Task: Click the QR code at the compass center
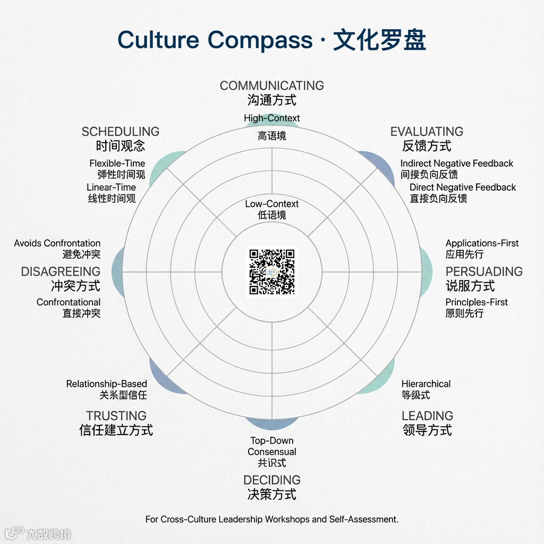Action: (272, 271)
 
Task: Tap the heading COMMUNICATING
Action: (272, 86)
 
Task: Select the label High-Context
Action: (272, 118)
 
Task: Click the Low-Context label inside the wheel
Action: (272, 204)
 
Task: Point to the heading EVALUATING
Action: (427, 132)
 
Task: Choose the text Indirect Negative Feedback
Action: (457, 164)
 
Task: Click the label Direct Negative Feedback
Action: (463, 188)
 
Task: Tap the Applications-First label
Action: (482, 243)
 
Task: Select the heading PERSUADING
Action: (484, 271)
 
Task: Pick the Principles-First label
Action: (477, 302)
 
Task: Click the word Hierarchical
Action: (426, 384)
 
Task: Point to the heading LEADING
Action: (427, 416)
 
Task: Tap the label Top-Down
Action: (272, 440)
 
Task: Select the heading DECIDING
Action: (272, 480)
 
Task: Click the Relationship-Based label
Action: (106, 384)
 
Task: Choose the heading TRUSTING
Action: (116, 416)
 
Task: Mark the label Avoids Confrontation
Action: (57, 243)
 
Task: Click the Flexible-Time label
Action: (117, 164)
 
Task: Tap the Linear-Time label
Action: (111, 188)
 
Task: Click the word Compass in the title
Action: (260, 40)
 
